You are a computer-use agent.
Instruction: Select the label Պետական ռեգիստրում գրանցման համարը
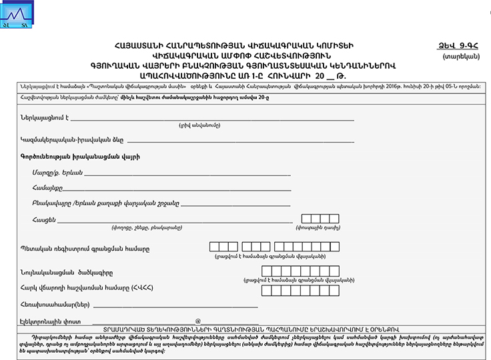[85, 249]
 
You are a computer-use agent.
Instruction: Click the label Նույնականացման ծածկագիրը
[67, 273]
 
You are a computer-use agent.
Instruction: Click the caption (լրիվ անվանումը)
[199, 126]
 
